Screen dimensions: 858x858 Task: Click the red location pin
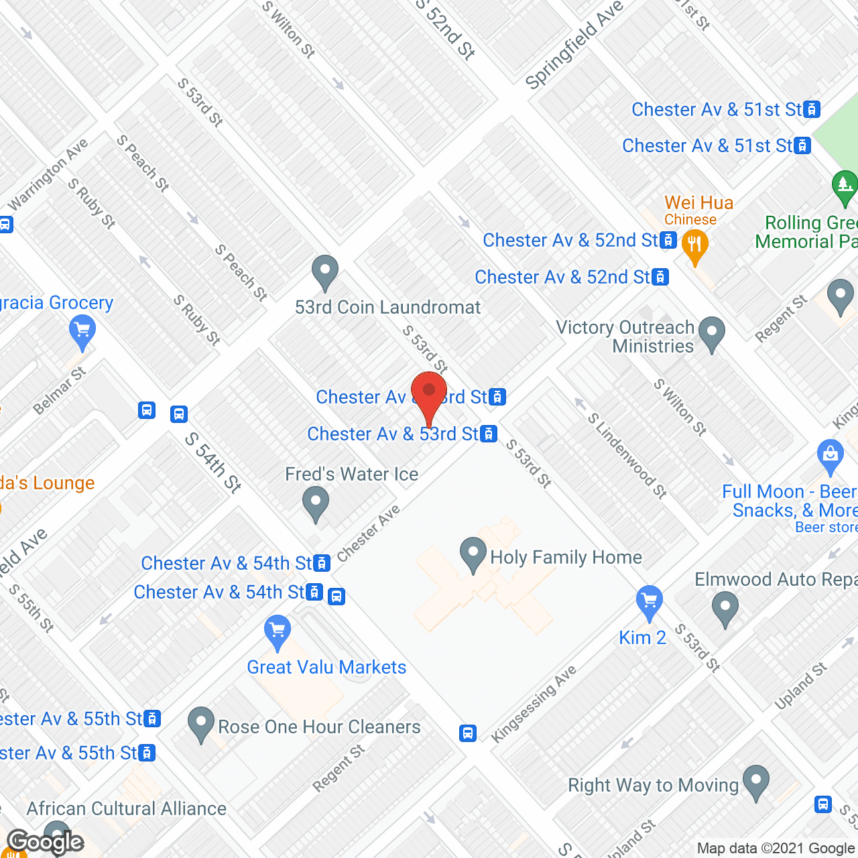pyautogui.click(x=429, y=394)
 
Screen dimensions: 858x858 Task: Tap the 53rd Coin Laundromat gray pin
pyautogui.click(x=325, y=272)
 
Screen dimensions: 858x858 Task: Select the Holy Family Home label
pyautogui.click(x=566, y=557)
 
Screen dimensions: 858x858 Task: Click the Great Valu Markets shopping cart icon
pyautogui.click(x=278, y=631)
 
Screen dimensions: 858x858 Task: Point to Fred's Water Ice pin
pyautogui.click(x=315, y=503)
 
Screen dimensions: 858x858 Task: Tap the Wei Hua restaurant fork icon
pyautogui.click(x=694, y=246)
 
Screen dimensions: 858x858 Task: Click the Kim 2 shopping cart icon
pyautogui.click(x=649, y=601)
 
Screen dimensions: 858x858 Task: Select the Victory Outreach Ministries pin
pyautogui.click(x=712, y=332)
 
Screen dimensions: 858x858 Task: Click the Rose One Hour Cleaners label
pyautogui.click(x=319, y=727)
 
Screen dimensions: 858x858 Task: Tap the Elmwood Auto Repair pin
pyautogui.click(x=725, y=609)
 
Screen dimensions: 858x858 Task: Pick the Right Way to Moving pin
pyautogui.click(x=756, y=782)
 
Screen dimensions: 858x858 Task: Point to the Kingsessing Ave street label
pyautogui.click(x=534, y=704)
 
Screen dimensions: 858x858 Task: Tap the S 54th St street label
pyautogui.click(x=212, y=463)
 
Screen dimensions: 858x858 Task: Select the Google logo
pyautogui.click(x=45, y=842)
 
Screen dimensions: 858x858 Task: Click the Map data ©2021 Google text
pyautogui.click(x=776, y=849)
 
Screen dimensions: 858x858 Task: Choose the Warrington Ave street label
pyautogui.click(x=48, y=174)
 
